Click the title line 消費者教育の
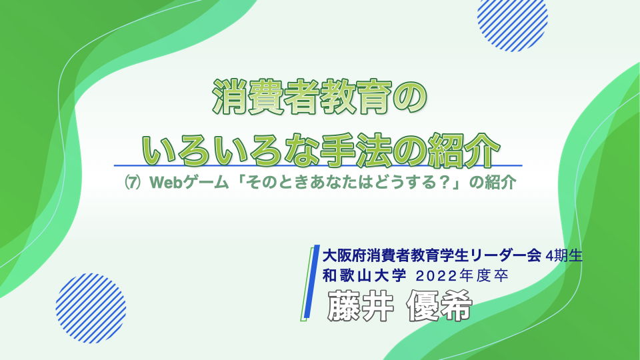point(319,97)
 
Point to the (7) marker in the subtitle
point(133,182)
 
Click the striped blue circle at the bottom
point(91,308)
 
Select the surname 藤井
point(361,306)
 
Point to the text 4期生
point(564,256)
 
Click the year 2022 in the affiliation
point(436,276)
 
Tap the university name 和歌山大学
point(364,276)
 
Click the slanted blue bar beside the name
point(312,281)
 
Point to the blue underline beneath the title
point(318,166)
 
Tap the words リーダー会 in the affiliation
point(506,256)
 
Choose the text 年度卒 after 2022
point(484,276)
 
